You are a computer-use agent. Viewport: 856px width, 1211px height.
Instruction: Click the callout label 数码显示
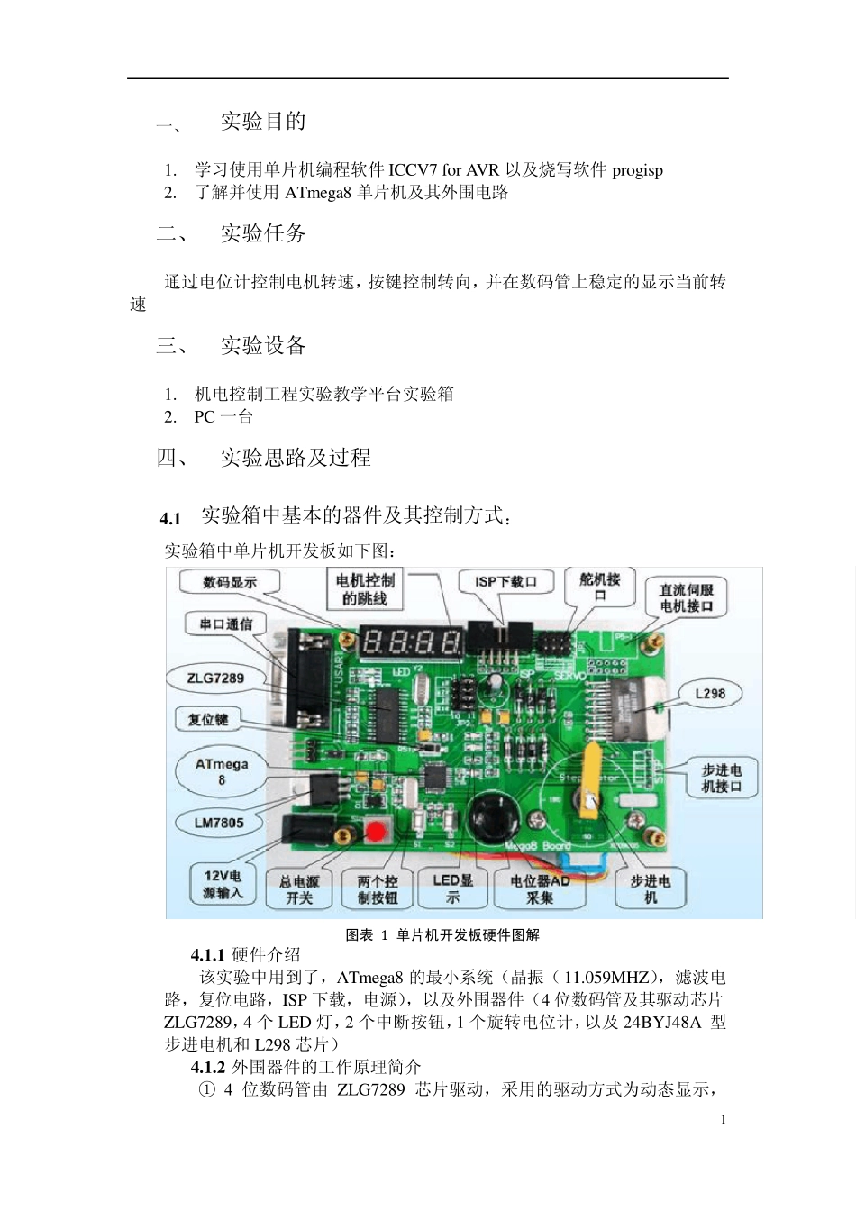tap(230, 583)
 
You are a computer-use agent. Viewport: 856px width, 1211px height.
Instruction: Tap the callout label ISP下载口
tap(505, 582)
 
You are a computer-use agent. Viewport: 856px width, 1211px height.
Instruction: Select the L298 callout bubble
tap(710, 693)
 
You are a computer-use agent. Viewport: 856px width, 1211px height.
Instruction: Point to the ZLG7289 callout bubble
tap(215, 678)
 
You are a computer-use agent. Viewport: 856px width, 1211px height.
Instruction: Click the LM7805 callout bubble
tap(219, 822)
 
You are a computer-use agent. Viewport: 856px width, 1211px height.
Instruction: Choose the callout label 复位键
tap(208, 719)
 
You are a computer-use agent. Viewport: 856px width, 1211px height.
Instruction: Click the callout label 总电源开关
tap(299, 889)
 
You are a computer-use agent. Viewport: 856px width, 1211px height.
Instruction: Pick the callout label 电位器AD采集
tap(540, 889)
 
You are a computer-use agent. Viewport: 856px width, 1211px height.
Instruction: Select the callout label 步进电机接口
tap(721, 778)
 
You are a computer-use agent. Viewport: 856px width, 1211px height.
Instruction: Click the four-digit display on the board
tap(411, 642)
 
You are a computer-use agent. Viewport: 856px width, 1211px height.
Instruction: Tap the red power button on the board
tap(377, 830)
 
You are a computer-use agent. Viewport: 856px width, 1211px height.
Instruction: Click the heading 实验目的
tap(263, 122)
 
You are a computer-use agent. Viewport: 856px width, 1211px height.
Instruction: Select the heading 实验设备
tap(263, 346)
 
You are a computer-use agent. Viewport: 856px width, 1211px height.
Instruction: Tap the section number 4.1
tap(170, 518)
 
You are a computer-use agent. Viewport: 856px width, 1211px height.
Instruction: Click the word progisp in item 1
tap(637, 170)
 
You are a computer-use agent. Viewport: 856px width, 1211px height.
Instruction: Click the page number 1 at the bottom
tap(723, 1119)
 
